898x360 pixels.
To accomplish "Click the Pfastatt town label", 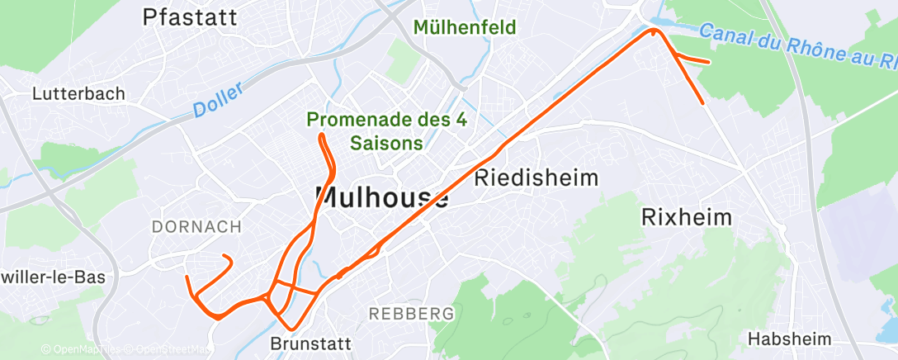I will (x=190, y=17).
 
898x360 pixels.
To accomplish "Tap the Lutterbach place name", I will (x=78, y=94).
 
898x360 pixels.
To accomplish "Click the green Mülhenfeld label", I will (x=465, y=27).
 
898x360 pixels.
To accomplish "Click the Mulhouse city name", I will (x=382, y=198).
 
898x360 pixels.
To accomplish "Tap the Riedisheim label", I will (x=536, y=178).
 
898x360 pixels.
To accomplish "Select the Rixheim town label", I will (x=687, y=217).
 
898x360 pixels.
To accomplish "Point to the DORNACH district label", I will (x=196, y=226).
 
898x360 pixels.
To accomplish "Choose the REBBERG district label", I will (x=412, y=314).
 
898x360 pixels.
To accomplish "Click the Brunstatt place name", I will (x=310, y=343).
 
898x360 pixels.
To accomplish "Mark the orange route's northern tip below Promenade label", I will (x=321, y=135).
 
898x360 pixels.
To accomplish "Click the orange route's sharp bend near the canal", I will (x=655, y=31).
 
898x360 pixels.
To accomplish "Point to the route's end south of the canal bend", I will (x=702, y=103).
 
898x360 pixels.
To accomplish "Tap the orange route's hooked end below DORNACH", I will (x=226, y=258).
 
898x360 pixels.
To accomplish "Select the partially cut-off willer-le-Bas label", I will (x=53, y=277).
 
